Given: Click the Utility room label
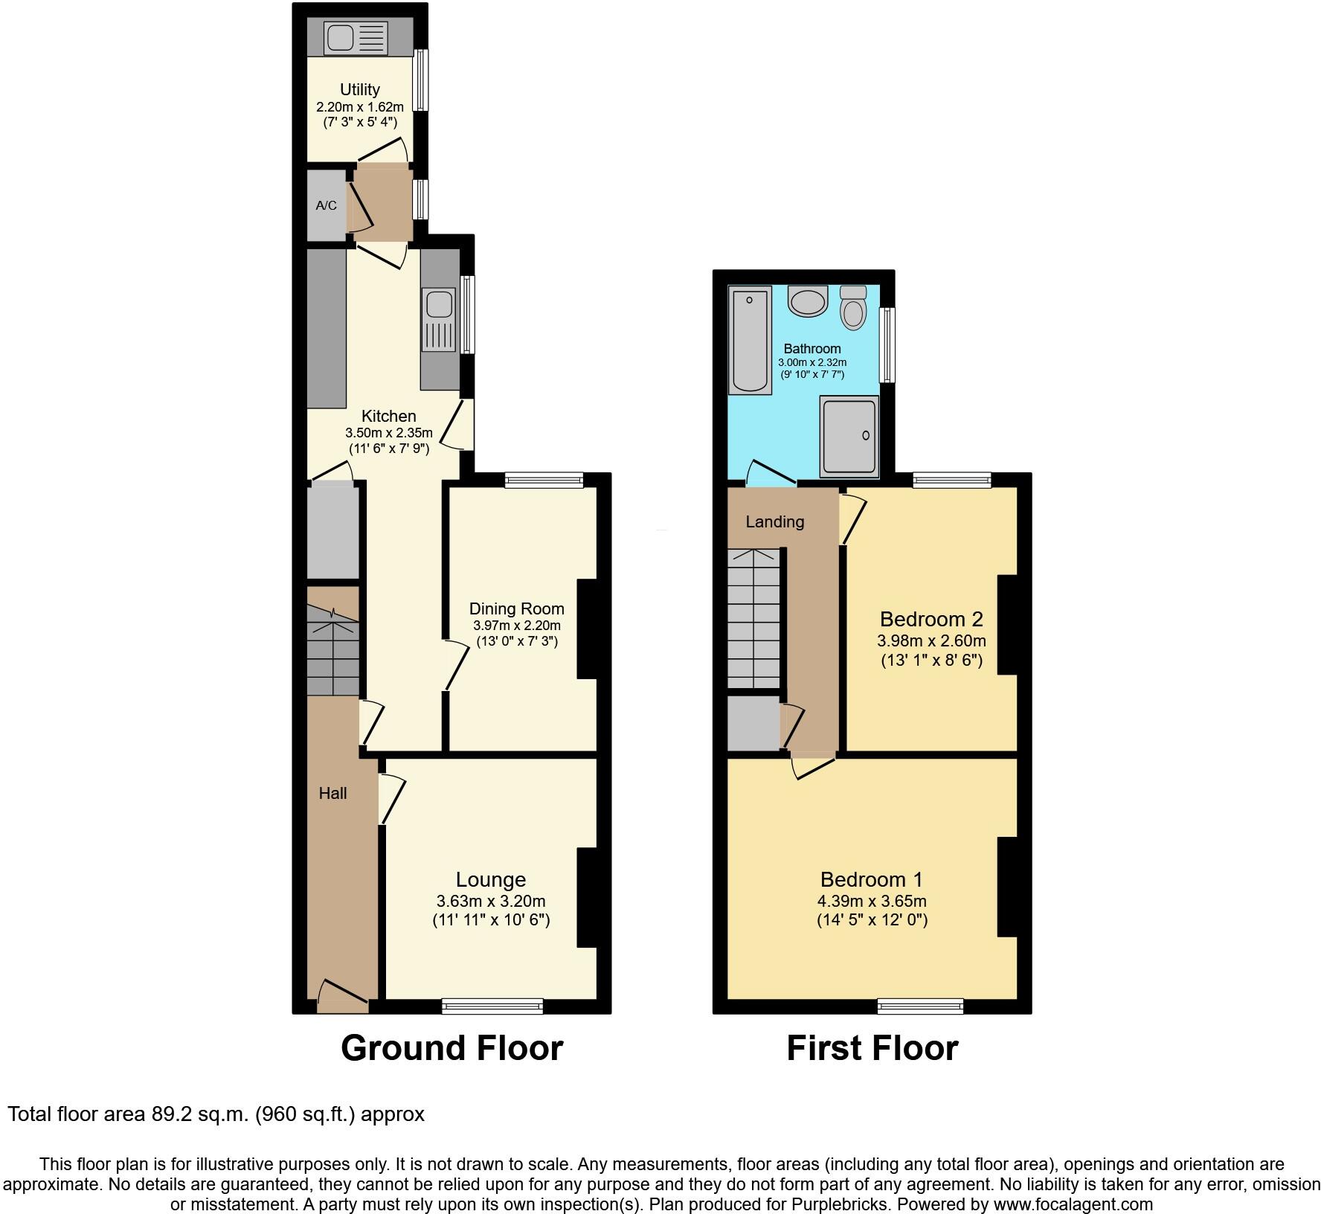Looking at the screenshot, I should pos(360,89).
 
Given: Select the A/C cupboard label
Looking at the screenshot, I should pos(326,205).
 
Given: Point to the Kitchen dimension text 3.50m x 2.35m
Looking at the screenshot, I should pos(388,433).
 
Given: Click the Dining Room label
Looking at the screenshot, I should pos(516,608).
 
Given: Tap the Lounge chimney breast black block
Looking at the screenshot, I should pos(587,897).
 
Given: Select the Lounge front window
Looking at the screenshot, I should pos(492,1006).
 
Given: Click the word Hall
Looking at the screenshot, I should pos(332,794).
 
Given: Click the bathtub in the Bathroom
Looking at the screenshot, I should pos(750,340).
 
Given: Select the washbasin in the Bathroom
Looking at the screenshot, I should pos(808,301).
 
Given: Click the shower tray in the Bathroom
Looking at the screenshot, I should pos(849,436).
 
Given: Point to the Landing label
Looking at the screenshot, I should pos(774,521).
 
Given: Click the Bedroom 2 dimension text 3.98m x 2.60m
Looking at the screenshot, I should pos(931,640).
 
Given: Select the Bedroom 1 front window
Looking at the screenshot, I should pos(920,1006).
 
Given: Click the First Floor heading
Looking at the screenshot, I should pos(872,1048).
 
